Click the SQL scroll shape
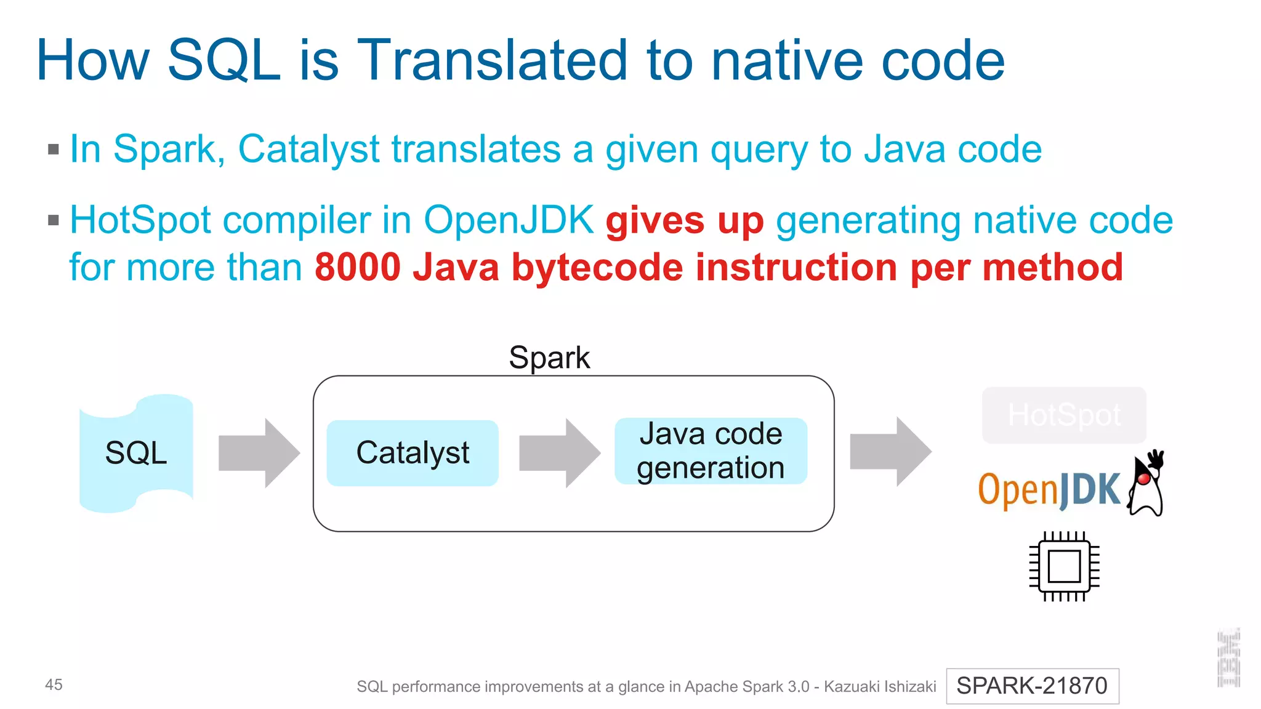[x=136, y=453]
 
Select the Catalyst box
[x=413, y=453]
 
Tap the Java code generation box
[x=711, y=451]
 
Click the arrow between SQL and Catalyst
[x=259, y=453]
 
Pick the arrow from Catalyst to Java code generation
[x=559, y=453]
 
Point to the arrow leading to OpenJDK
[x=890, y=452]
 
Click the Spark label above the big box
[x=549, y=358]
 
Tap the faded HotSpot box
[x=1064, y=415]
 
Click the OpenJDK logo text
[x=1049, y=491]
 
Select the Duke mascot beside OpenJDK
[x=1146, y=484]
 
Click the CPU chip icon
[x=1064, y=566]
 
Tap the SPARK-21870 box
[x=1032, y=686]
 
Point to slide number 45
[x=54, y=684]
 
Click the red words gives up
[x=684, y=221]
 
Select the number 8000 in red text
[x=358, y=268]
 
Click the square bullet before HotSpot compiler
[x=54, y=220]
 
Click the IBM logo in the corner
[x=1228, y=659]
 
